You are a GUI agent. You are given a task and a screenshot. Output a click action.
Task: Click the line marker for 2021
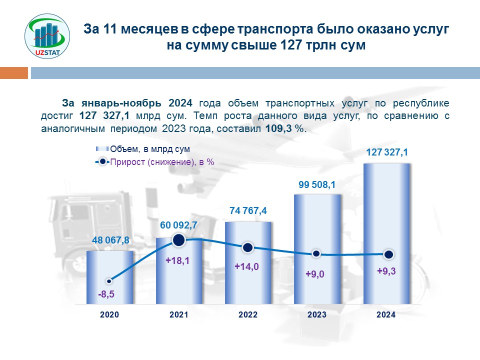pyautogui.click(x=179, y=241)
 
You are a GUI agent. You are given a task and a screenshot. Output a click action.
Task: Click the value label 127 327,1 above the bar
pyautogui.click(x=386, y=152)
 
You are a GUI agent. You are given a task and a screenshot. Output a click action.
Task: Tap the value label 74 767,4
pyautogui.click(x=248, y=211)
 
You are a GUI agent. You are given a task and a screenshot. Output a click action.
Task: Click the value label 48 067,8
pyautogui.click(x=110, y=240)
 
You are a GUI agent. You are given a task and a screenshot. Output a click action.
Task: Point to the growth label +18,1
pyautogui.click(x=178, y=260)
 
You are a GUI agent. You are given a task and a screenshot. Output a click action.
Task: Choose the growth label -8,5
pyautogui.click(x=106, y=294)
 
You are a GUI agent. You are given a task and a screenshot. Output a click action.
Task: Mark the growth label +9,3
pyautogui.click(x=386, y=271)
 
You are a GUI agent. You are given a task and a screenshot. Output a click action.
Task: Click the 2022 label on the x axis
pyautogui.click(x=248, y=315)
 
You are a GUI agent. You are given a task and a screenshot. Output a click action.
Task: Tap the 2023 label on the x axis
pyautogui.click(x=317, y=315)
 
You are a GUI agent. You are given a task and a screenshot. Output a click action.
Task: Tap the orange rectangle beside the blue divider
pyautogui.click(x=14, y=73)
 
